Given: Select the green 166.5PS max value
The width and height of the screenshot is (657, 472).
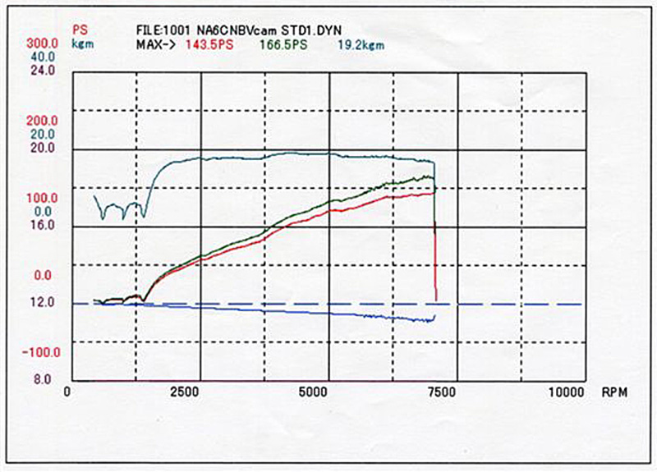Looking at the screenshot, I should (x=283, y=42).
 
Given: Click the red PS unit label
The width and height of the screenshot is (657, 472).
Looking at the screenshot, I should (x=80, y=29).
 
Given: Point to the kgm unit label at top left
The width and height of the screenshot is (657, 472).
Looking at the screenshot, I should (x=82, y=42).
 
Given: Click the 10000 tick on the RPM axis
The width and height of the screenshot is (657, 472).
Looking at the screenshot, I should (x=567, y=392).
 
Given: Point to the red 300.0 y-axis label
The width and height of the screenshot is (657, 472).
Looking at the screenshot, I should (x=41, y=42).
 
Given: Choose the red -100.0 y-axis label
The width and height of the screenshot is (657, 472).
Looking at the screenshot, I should (x=39, y=351).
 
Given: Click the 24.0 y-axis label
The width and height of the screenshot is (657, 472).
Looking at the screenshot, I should (x=43, y=70).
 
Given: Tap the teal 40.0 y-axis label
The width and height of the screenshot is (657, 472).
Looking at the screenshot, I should (x=43, y=56).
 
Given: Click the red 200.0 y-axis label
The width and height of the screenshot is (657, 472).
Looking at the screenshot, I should (x=41, y=120).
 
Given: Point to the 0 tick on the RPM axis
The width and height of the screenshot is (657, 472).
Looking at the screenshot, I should (x=67, y=392).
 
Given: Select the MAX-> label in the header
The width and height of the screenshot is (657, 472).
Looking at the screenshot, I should (x=154, y=42).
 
